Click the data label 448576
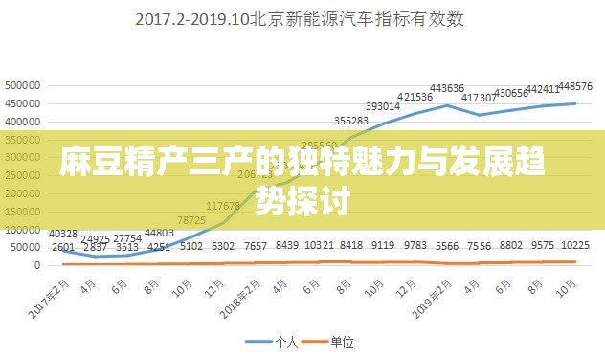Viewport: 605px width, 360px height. (573, 87)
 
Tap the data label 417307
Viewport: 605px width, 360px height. (479, 98)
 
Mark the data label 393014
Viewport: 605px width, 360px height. (383, 106)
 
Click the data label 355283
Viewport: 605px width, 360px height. (351, 121)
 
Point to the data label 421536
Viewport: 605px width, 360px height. (415, 97)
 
